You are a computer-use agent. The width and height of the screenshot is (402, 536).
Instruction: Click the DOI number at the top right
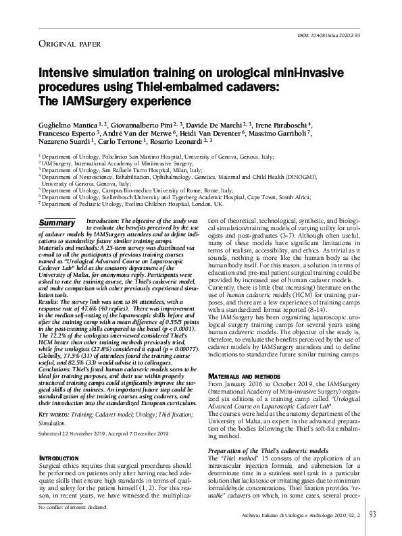[x=345, y=34]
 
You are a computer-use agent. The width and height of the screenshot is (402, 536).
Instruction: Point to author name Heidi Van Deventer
[x=244, y=133]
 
